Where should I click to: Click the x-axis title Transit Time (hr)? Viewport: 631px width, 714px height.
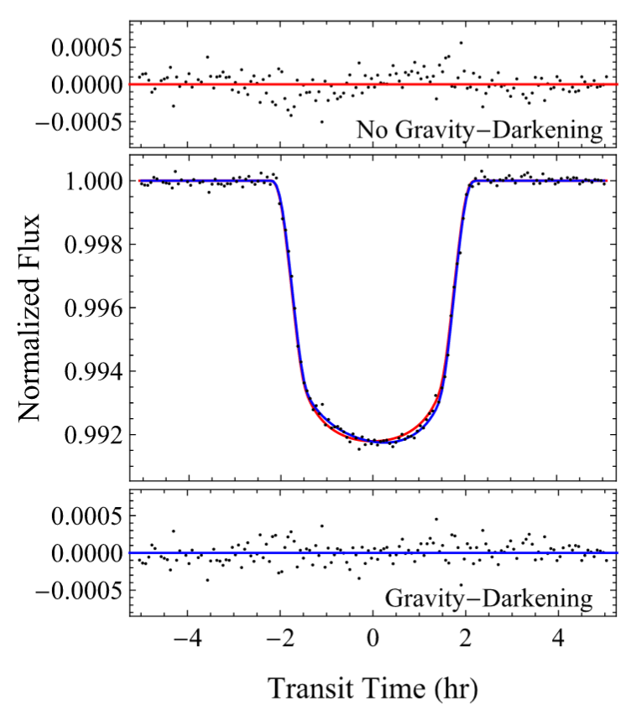[x=373, y=689]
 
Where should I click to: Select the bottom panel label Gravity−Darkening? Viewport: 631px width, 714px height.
[x=489, y=599]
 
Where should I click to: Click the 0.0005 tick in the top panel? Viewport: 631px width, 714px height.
[x=84, y=47]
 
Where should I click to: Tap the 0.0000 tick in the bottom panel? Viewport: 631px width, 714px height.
[x=84, y=554]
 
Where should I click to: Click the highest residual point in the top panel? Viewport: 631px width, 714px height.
[x=461, y=42]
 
